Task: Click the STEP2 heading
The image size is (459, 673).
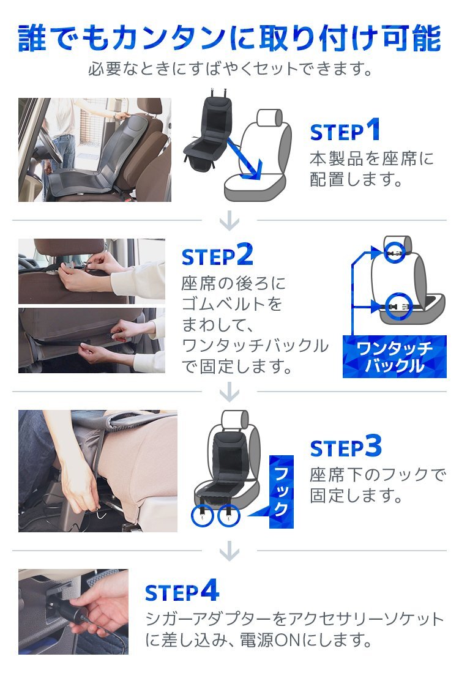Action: [217, 255]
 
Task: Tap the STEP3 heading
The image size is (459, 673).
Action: [346, 447]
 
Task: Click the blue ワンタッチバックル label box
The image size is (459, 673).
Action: [394, 357]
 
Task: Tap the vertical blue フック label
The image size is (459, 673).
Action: [282, 491]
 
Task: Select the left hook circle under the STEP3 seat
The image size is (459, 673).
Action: [202, 516]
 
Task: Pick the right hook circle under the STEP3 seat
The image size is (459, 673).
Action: [229, 516]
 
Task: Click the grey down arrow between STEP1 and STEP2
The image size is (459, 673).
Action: [229, 221]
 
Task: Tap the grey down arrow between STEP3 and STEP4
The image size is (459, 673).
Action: [229, 551]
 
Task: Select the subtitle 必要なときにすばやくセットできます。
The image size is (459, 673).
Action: [230, 69]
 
